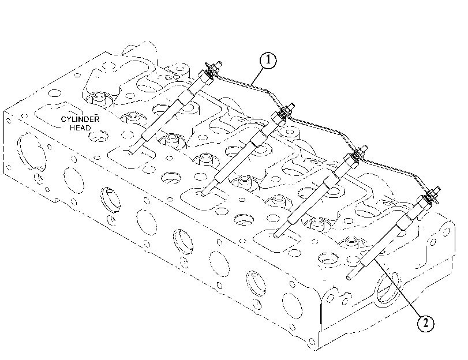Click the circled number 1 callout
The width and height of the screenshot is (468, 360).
pos(268,61)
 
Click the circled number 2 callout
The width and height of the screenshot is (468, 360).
pos(425,322)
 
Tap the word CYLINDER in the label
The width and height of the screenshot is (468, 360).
pos(80,119)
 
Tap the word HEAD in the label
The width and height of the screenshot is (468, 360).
pos(80,128)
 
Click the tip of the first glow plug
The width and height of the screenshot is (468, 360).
pos(130,152)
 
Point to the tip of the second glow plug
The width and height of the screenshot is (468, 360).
pos(203,194)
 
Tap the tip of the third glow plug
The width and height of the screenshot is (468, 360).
pos(276,235)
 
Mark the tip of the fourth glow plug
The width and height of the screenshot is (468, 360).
pos(349,277)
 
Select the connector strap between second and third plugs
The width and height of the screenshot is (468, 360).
pos(323,127)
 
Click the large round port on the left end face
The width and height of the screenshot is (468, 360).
pos(32,152)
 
